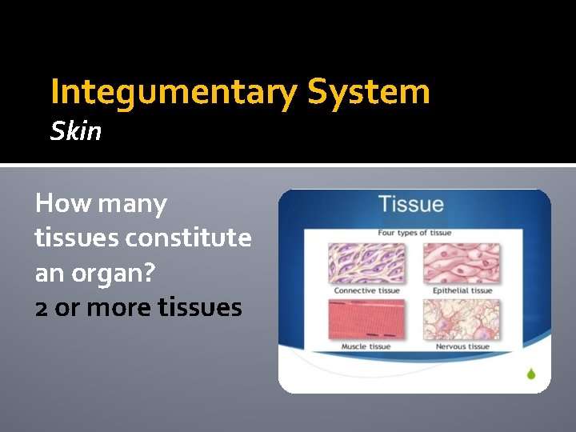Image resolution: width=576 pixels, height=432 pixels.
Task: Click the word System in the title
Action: point(369,93)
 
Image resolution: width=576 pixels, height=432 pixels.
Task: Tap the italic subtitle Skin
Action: point(76,131)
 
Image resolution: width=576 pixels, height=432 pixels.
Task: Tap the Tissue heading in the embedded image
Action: point(410,204)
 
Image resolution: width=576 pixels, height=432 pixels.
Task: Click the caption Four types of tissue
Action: point(414,233)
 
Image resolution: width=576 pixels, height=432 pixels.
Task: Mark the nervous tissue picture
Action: point(462,320)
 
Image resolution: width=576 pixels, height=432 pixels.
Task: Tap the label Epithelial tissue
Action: point(462,290)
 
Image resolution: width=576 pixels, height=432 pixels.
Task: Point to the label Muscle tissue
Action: point(366,347)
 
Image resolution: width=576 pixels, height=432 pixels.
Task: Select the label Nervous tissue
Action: point(462,347)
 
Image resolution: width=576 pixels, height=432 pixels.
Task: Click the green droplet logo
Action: point(530,373)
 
